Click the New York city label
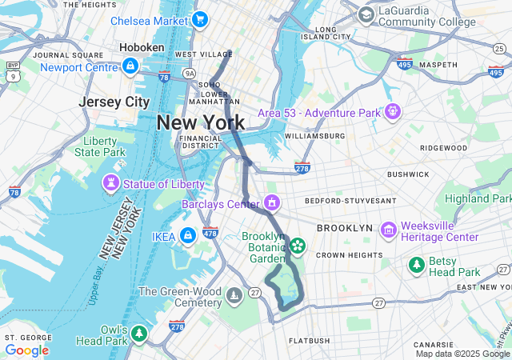201,122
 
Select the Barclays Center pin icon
273,203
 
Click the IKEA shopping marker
187,236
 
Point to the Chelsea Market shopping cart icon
199,19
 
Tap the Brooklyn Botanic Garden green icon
297,245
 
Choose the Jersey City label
114,102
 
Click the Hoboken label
142,48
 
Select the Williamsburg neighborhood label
314,136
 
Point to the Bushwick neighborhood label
408,174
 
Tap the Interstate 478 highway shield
210,233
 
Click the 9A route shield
189,73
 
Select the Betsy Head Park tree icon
416,264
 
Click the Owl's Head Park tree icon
139,332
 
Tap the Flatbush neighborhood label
308,341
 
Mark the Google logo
26,350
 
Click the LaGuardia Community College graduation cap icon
366,14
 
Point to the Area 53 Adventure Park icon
392,112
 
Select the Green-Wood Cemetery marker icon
234,297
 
